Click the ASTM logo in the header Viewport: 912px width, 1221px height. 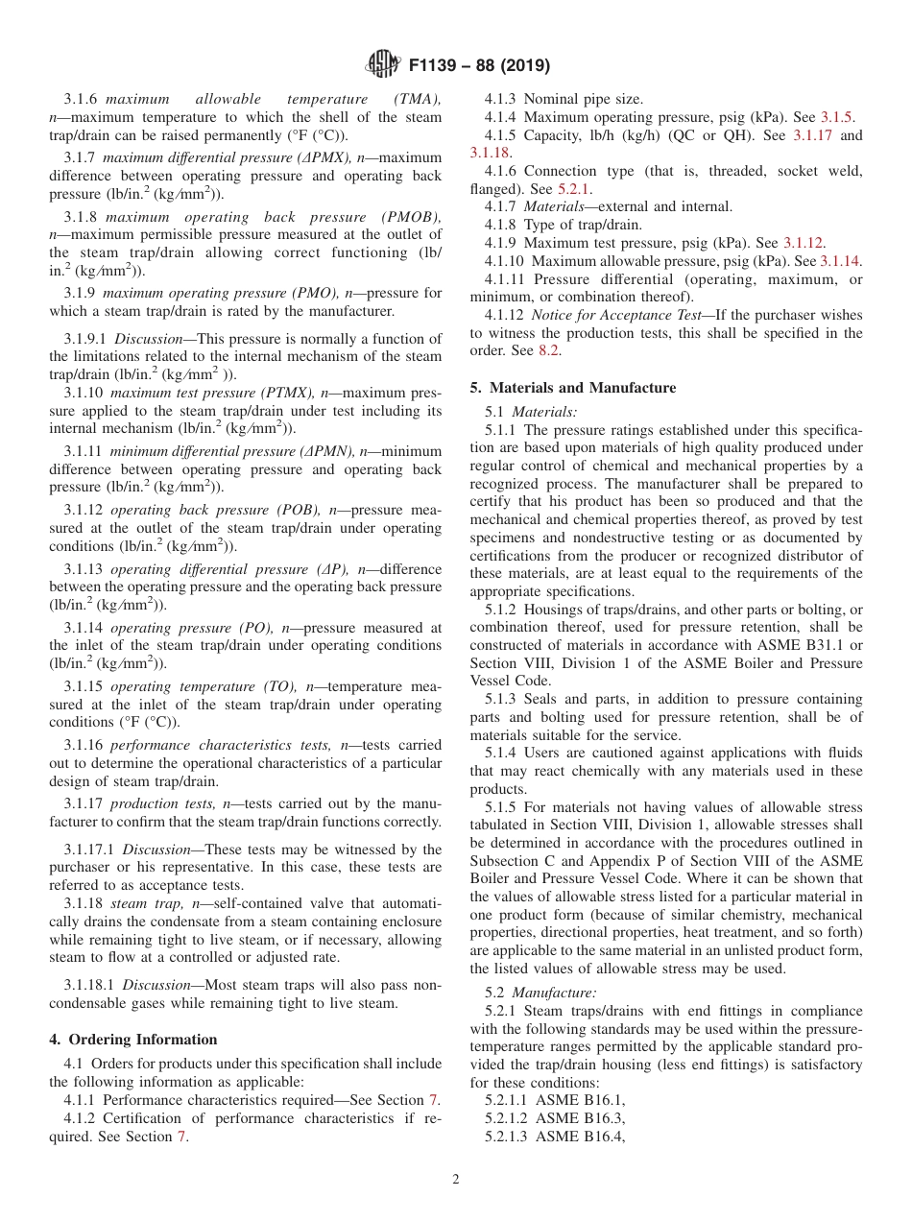383,65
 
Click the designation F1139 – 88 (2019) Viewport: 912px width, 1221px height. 479,66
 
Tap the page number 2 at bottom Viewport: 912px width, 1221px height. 456,1180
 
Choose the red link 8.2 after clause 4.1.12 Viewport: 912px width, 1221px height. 548,350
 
